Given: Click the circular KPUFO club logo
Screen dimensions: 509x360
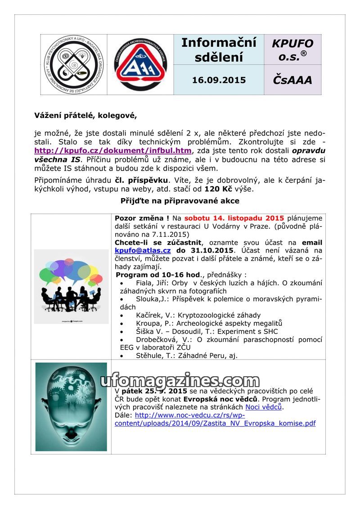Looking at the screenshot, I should pyautogui.click(x=73, y=64).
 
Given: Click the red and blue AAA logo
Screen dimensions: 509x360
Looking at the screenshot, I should pyautogui.click(x=140, y=64).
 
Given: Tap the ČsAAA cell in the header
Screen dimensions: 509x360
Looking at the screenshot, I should pyautogui.click(x=292, y=80).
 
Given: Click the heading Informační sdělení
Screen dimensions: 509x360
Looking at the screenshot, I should pyautogui.click(x=219, y=50).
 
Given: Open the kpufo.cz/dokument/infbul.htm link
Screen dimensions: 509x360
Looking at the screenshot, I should pyautogui.click(x=113, y=150).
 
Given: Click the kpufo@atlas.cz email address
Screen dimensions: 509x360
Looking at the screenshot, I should pyautogui.click(x=143, y=250).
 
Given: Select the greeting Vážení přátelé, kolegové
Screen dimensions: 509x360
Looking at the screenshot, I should pyautogui.click(x=85, y=115).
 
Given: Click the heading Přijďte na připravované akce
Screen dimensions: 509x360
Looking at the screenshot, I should pyautogui.click(x=180, y=201).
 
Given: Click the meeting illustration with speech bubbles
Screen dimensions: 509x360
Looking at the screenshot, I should pyautogui.click(x=71, y=286).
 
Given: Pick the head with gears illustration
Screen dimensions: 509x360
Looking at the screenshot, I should pyautogui.click(x=71, y=406).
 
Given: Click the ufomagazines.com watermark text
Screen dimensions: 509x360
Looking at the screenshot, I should pyautogui.click(x=180, y=382).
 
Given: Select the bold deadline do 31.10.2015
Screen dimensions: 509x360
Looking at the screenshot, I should pyautogui.click(x=205, y=250).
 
